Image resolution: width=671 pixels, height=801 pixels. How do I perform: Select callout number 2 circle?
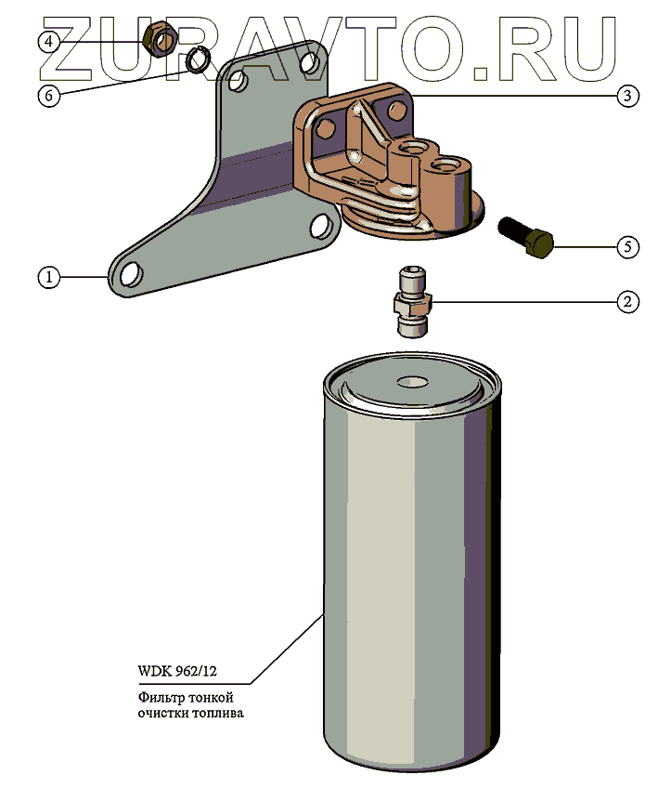pyautogui.click(x=628, y=301)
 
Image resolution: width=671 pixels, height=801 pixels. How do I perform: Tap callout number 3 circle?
pyautogui.click(x=628, y=95)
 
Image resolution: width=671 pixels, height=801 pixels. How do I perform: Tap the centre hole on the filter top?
pyautogui.click(x=409, y=381)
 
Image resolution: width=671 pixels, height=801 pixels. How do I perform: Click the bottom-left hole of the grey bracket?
pyautogui.click(x=130, y=275)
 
